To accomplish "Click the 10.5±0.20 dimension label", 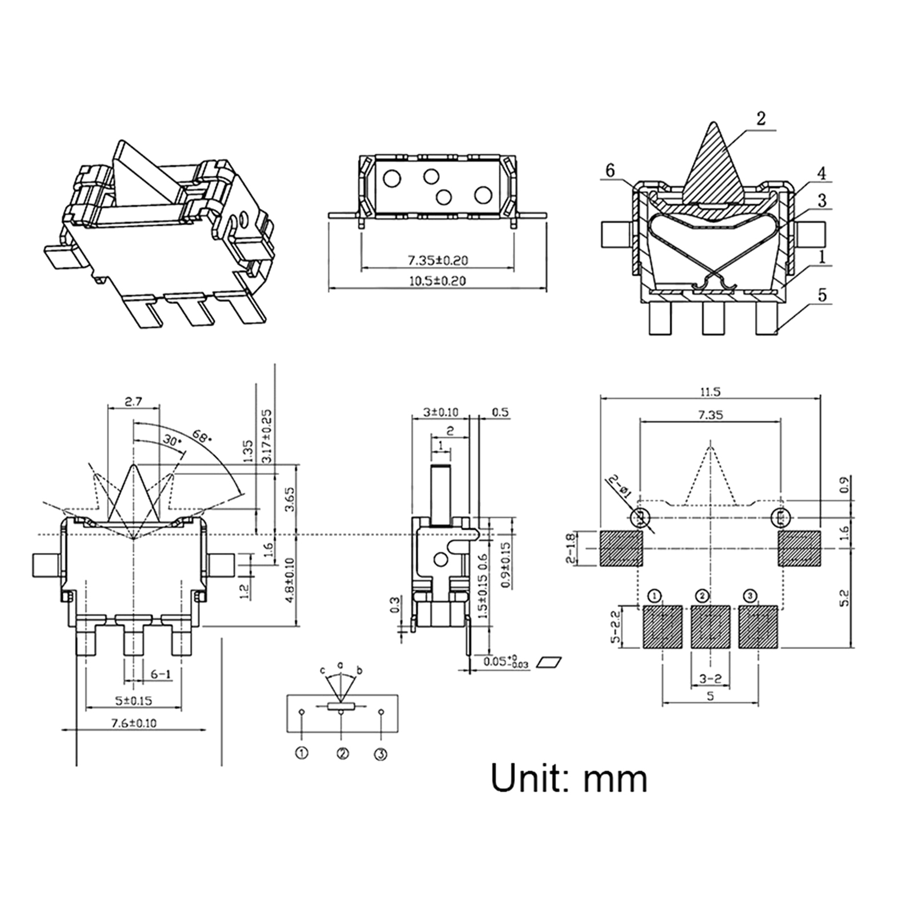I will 437,280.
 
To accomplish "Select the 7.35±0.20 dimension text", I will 437,260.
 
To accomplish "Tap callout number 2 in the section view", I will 760,118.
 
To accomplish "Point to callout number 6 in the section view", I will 610,170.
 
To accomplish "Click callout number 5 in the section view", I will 822,295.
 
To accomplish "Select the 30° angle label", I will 169,441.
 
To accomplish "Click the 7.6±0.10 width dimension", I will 133,723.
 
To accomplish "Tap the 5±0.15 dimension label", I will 133,700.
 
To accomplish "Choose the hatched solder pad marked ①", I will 663,627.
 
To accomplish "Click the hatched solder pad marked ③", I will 758,627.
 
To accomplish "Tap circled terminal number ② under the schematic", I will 342,753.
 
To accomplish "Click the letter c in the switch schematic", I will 322,670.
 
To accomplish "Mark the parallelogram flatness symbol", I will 550,662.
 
